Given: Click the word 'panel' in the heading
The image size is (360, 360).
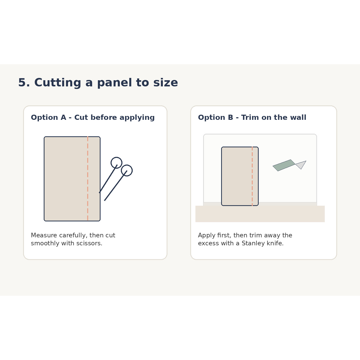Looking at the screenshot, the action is (x=115, y=83).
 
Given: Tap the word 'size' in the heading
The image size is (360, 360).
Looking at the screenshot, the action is (x=166, y=82).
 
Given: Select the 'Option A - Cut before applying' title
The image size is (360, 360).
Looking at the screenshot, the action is (x=93, y=118).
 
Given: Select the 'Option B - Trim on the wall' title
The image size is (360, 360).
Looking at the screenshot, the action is (x=252, y=117).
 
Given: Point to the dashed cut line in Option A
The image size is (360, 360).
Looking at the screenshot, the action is (x=88, y=179).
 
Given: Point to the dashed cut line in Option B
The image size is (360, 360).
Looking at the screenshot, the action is (x=252, y=176).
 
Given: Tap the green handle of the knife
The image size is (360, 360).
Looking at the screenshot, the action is (x=284, y=165).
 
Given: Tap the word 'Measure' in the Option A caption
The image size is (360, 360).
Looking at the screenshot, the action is (x=44, y=235).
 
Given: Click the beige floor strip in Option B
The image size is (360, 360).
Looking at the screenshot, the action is (x=260, y=214).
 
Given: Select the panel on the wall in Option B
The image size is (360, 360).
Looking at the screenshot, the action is (x=240, y=176).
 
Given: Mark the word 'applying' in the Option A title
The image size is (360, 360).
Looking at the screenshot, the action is (x=137, y=118).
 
